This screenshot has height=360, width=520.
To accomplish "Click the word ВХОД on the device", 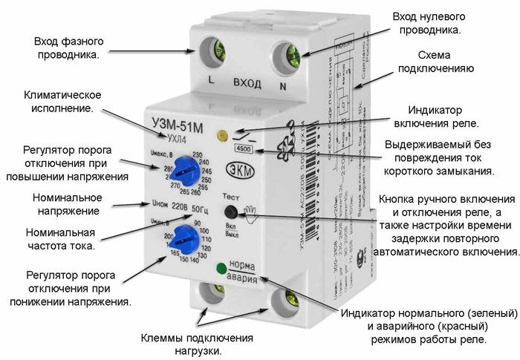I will pyautogui.click(x=246, y=83).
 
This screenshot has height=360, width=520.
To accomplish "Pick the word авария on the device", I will pyautogui.click(x=243, y=278).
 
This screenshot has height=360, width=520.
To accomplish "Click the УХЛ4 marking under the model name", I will pyautogui.click(x=175, y=137).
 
